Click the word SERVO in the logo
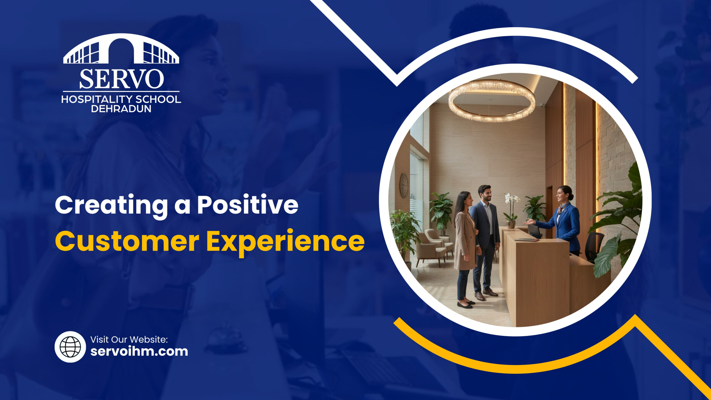point(121,79)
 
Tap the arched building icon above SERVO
point(121,50)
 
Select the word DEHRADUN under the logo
point(121,109)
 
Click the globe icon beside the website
point(70,347)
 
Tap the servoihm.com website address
point(139,351)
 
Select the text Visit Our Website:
point(129,339)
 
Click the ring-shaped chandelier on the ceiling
point(492,101)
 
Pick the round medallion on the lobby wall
point(404,186)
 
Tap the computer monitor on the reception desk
point(534,231)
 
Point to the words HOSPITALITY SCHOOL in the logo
point(121,99)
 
